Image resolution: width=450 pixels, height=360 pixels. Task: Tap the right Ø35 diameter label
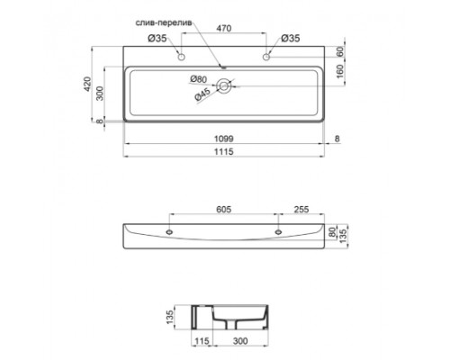tap(289, 38)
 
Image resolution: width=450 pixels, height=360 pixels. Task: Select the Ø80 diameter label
tap(199, 79)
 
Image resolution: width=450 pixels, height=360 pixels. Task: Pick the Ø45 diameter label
tap(201, 94)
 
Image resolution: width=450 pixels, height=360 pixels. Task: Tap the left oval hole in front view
tap(168, 231)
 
